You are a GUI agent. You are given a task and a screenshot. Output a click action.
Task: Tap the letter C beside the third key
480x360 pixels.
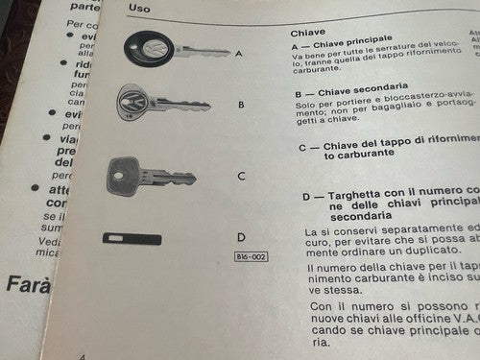pos(241,177)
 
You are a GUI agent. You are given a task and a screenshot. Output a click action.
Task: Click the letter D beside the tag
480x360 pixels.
pos(242,237)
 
